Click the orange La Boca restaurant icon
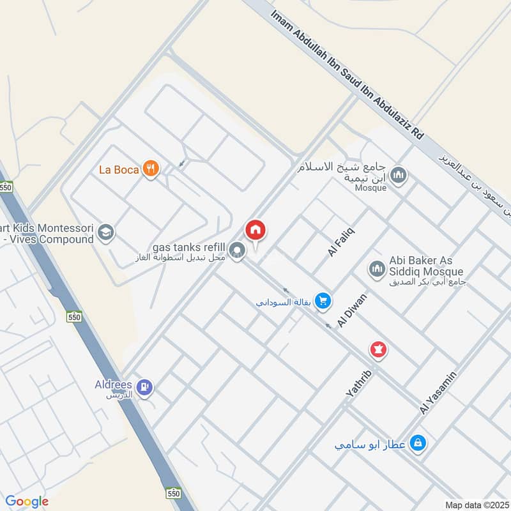pos(151,169)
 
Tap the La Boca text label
pos(119,169)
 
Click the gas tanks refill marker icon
pos(238,250)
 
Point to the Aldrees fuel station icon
pos(146,386)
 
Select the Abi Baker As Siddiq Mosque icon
pos(376,268)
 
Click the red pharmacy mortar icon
pos(378,349)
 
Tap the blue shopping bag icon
pos(418,442)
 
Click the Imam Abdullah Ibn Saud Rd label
pos(347,75)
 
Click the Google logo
pos(27,501)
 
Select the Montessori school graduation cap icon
pos(105,233)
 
